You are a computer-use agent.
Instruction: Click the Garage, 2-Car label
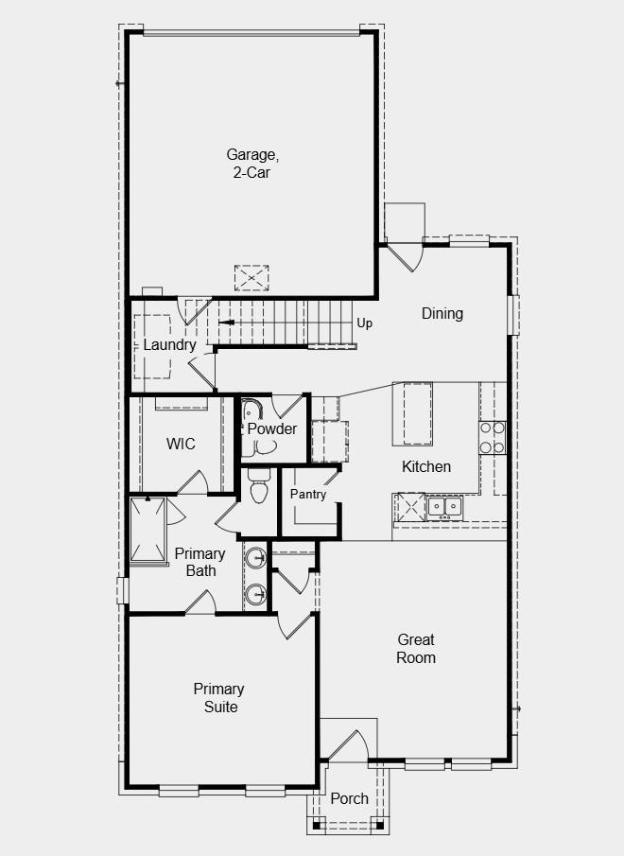[x=252, y=163]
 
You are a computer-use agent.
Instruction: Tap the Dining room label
[x=442, y=313]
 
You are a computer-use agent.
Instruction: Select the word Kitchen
[x=426, y=466]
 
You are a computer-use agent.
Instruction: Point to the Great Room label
[x=416, y=649]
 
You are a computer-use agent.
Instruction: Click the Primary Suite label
[x=218, y=698]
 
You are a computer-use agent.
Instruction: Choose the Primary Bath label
[x=200, y=562]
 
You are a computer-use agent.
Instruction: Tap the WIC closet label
[x=181, y=444]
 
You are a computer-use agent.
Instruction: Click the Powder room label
[x=272, y=428]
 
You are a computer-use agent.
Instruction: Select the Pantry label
[x=308, y=494]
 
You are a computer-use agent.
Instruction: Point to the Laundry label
[x=169, y=344]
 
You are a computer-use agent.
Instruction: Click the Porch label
[x=349, y=798]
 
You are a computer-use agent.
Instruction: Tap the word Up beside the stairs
[x=365, y=323]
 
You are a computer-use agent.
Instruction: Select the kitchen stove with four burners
[x=492, y=438]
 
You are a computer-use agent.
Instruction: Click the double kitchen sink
[x=443, y=507]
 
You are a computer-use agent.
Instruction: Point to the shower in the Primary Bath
[x=148, y=530]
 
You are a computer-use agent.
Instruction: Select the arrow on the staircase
[x=227, y=322]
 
